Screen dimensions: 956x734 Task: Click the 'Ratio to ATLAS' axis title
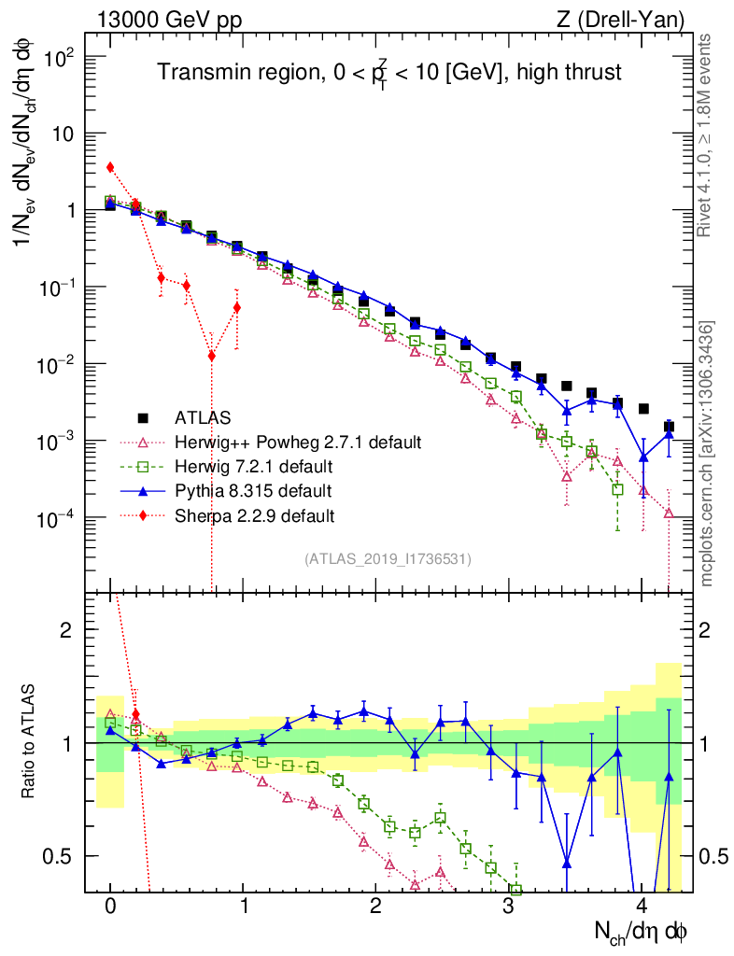30,742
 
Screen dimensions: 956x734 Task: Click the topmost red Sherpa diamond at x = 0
110,167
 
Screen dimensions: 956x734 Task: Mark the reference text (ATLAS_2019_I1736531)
388,559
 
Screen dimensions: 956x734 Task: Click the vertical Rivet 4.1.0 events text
706,135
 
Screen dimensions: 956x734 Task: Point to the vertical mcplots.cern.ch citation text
706,453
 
